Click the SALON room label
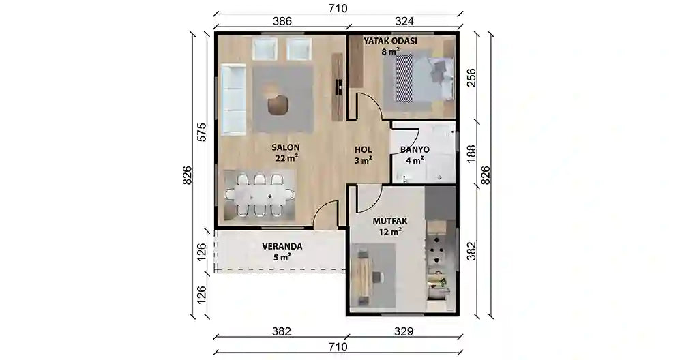pos(286,147)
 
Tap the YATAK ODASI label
pos(390,41)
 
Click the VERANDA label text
pos(282,246)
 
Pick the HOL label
pos(363,149)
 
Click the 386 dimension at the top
pos(282,22)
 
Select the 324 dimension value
pos(404,22)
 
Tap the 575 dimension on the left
pos(201,132)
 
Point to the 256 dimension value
pos(471,78)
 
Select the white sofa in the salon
pos(234,100)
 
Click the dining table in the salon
pos(260,194)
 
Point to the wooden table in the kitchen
pos(364,275)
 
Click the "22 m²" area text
pos(287,158)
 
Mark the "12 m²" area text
pos(390,232)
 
